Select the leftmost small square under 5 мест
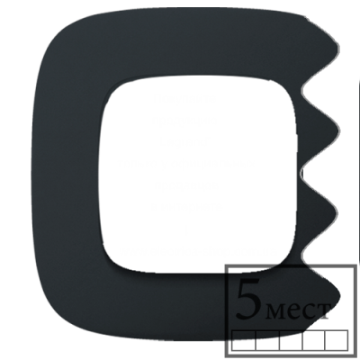point(244,340)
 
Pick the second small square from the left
point(267,340)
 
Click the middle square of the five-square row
point(291,340)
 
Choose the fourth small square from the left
point(314,340)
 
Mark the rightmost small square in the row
point(337,340)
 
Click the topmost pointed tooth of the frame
point(337,48)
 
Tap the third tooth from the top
point(336,213)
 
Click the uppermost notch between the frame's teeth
point(302,90)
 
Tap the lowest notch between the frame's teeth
point(302,255)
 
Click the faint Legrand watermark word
point(184,142)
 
